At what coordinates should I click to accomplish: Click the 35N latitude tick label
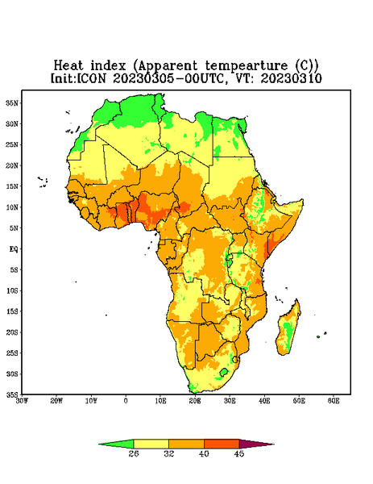point(12,103)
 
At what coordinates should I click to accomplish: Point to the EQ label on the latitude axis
point(14,248)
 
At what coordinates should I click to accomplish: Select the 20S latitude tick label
point(12,332)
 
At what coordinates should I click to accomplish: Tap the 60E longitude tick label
point(334,401)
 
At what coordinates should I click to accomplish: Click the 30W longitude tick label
point(22,401)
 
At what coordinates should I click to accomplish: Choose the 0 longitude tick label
point(126,401)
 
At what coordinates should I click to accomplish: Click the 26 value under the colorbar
point(134,453)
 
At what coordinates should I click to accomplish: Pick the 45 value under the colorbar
point(239,453)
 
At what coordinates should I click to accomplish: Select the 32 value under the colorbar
point(169,453)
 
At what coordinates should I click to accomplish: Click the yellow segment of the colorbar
point(151,444)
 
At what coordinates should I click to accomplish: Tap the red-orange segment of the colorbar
point(222,444)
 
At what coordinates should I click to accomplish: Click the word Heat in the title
point(68,66)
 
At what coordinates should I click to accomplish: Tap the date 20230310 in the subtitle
point(292,78)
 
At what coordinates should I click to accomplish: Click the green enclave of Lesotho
point(223,372)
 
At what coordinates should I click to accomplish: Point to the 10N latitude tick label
point(12,207)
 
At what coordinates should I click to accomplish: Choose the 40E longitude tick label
point(264,401)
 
